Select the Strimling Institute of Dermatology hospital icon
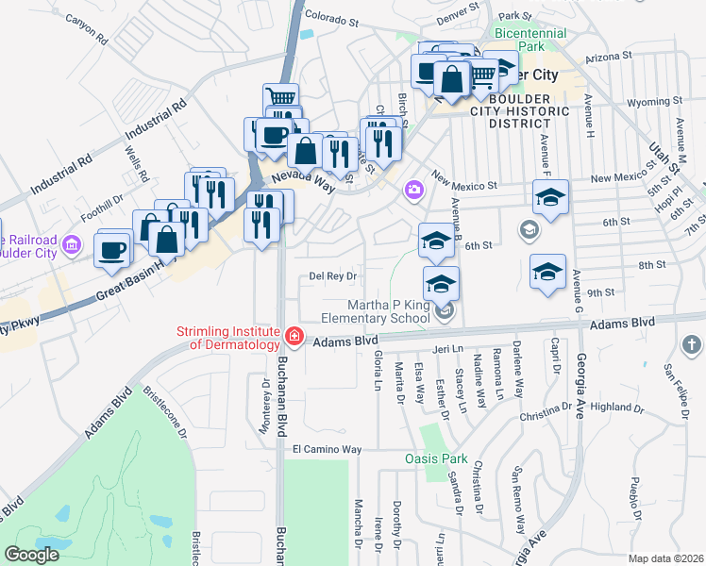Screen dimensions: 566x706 [294, 336]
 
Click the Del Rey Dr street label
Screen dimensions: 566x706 [330, 276]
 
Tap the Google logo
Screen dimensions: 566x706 [31, 555]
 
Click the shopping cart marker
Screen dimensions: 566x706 [281, 97]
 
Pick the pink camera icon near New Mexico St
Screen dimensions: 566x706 [413, 191]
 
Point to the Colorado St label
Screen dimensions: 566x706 [332, 18]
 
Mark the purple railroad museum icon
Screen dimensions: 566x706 [70, 247]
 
